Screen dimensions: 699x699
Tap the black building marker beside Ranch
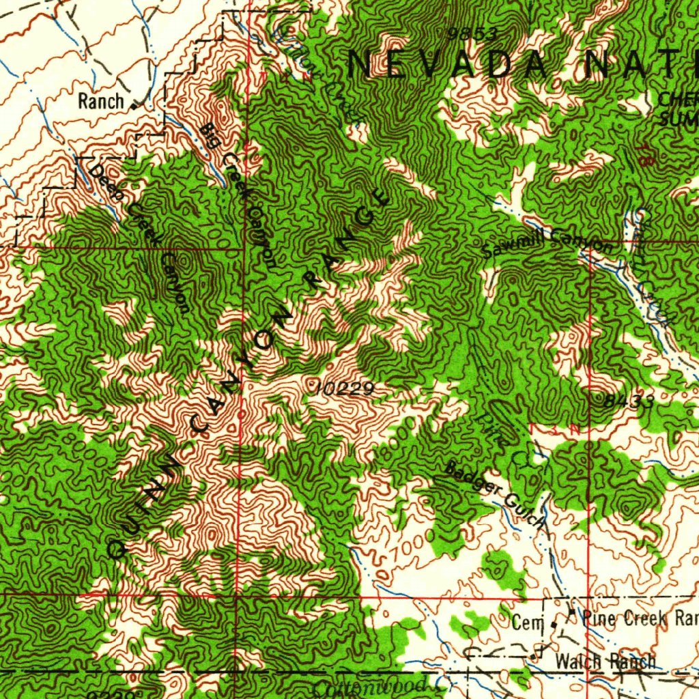[134, 106]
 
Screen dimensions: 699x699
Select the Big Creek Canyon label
[240, 195]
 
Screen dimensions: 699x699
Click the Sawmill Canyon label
[547, 243]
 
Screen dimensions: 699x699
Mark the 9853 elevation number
[472, 33]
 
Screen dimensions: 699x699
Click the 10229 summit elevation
[347, 388]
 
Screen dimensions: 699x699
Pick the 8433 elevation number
[628, 401]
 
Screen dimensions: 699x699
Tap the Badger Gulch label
[496, 496]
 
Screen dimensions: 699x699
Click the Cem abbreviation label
[527, 623]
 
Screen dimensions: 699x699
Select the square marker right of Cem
[554, 624]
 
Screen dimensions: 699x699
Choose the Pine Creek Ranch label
[639, 619]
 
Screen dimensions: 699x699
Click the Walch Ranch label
[605, 661]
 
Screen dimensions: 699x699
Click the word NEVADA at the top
[448, 65]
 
